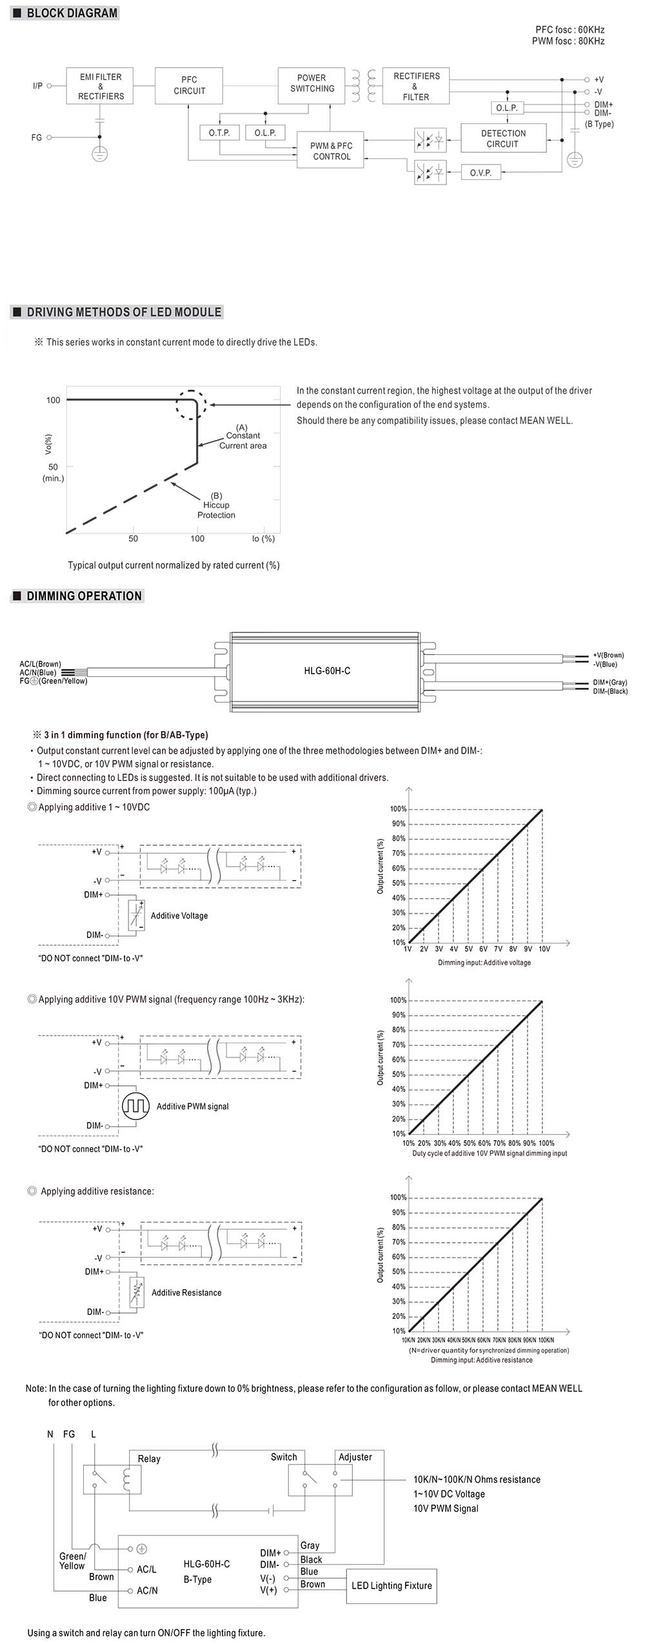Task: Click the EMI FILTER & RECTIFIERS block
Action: coord(101,86)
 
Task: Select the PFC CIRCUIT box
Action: coord(189,85)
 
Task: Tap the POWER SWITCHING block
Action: coord(312,85)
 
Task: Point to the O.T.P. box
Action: coord(219,133)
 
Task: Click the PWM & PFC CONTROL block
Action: coord(332,151)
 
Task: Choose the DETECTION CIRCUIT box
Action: coord(503,139)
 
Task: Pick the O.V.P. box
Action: coord(481,173)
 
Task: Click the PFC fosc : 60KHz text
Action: coord(570,30)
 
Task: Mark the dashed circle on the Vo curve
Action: coord(191,405)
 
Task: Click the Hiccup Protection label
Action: coord(216,506)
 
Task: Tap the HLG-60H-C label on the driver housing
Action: coord(327,671)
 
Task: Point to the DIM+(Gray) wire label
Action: coord(610,683)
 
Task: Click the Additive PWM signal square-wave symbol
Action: coord(135,1106)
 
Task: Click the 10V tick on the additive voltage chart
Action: coord(544,949)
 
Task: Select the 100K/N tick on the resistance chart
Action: coord(546,1340)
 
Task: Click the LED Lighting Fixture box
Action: coord(392,1585)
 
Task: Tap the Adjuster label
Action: coord(355,1457)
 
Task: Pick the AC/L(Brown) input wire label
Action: coord(40,664)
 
